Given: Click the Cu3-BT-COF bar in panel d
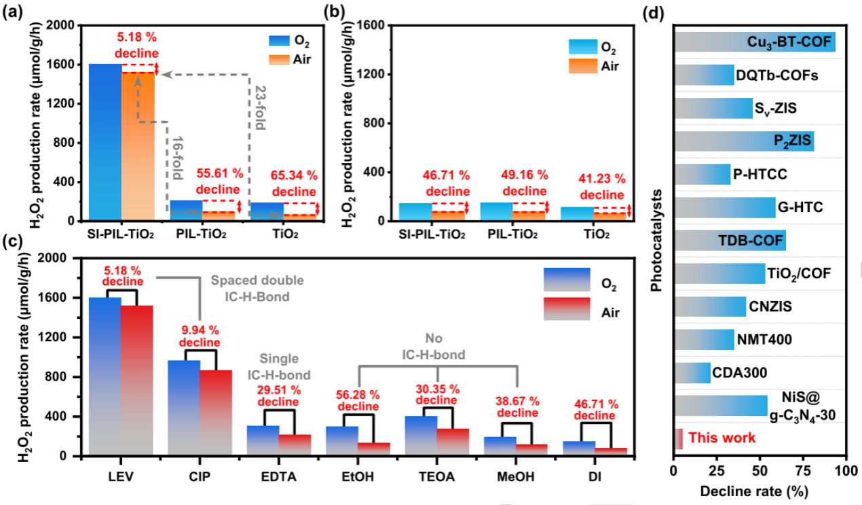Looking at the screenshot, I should (755, 41).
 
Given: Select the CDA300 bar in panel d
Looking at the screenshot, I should (692, 372).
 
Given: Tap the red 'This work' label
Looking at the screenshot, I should (722, 438).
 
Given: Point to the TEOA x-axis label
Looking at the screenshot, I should (437, 476).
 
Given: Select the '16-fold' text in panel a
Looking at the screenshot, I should (175, 157).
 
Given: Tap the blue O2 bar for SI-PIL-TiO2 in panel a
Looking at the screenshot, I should (105, 142).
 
